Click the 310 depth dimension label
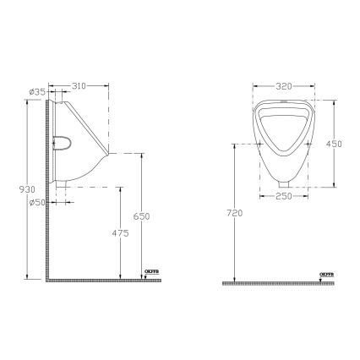79,86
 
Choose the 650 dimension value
145,216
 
